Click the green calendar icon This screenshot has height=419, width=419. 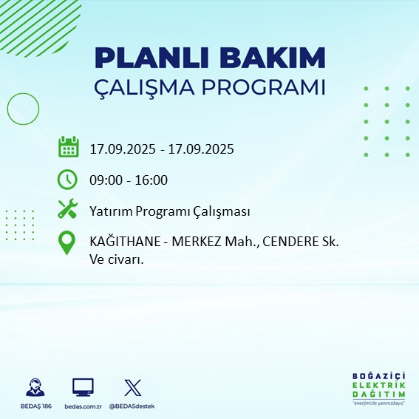click(x=68, y=147)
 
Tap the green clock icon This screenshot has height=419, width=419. click(x=67, y=179)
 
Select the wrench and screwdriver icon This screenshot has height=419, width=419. click(x=67, y=209)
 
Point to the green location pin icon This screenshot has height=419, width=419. click(x=67, y=243)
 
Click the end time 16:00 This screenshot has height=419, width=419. click(x=152, y=180)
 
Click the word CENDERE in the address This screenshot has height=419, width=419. click(x=293, y=242)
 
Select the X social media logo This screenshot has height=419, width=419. click(x=131, y=387)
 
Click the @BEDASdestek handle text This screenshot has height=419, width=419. click(x=132, y=406)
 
